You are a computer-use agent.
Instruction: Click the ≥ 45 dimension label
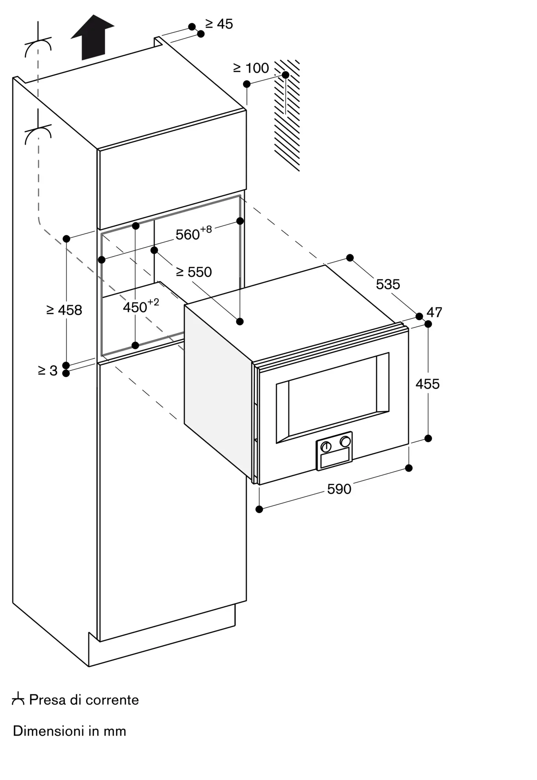(219, 24)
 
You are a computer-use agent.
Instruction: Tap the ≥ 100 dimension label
(251, 68)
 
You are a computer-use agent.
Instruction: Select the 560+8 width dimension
(193, 233)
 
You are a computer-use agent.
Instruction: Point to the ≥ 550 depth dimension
(194, 272)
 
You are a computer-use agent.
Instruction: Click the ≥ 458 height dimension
(64, 310)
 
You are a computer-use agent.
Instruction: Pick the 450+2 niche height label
(141, 306)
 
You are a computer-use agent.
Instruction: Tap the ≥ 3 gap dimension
(48, 370)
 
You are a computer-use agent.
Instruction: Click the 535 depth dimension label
(388, 284)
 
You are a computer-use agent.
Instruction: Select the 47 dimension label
(434, 312)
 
